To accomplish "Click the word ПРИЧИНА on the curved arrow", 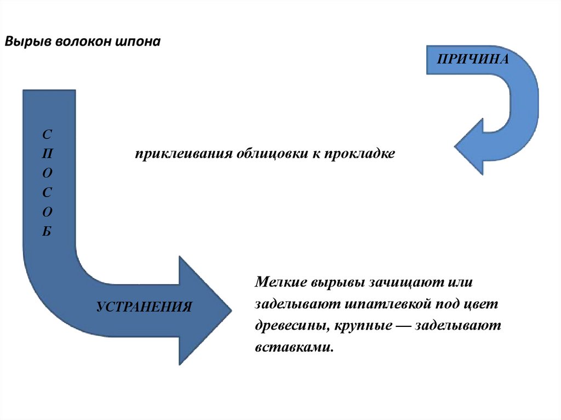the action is [473, 59].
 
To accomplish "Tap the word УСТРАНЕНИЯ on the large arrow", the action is [144, 306].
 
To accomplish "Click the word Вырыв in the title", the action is [27, 42].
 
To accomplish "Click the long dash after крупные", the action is [403, 325].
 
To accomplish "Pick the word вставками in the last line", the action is [293, 347].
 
